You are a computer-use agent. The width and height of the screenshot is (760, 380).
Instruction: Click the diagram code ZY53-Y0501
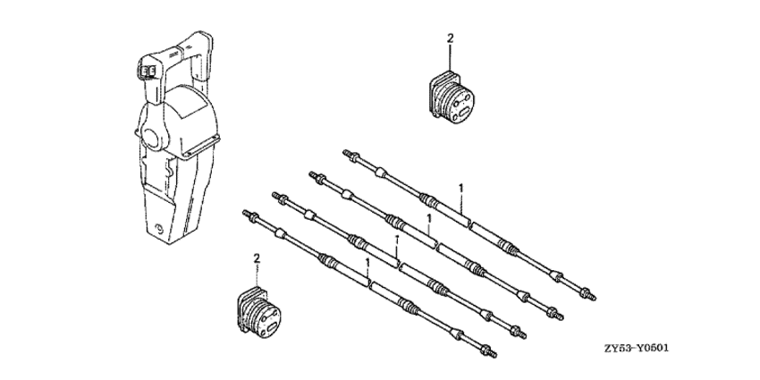[637, 349]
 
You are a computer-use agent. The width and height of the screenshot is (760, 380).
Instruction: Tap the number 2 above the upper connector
[450, 38]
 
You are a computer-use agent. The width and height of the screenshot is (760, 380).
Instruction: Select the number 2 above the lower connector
[257, 258]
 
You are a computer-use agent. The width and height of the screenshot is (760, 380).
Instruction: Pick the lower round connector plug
[260, 313]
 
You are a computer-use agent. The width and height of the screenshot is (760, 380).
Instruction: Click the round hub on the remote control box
[154, 137]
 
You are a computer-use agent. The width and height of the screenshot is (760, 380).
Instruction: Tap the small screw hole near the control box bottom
[158, 228]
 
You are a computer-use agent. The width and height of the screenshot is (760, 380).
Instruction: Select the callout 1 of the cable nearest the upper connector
[461, 188]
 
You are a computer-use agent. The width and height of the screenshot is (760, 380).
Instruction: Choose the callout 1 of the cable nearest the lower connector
[367, 263]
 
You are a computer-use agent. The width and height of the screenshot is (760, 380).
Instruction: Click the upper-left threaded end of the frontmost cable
[249, 214]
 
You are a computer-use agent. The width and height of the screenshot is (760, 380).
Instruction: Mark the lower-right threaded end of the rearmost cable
[588, 294]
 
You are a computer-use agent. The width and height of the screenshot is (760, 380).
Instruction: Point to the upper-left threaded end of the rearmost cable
[350, 155]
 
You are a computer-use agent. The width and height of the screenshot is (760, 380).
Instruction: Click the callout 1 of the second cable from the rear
[429, 218]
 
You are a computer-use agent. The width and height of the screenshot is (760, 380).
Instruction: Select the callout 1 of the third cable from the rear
[397, 240]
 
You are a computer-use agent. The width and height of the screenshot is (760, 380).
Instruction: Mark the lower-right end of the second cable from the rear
[555, 314]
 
